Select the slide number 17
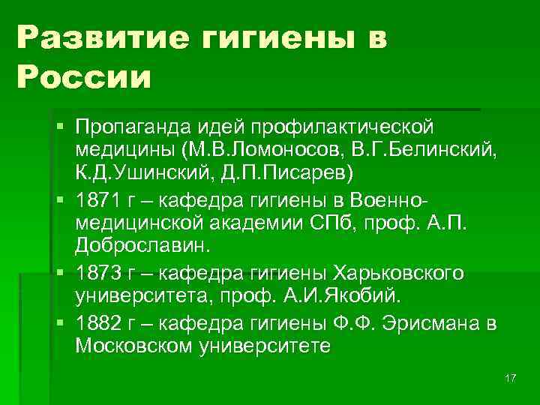(x=511, y=377)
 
